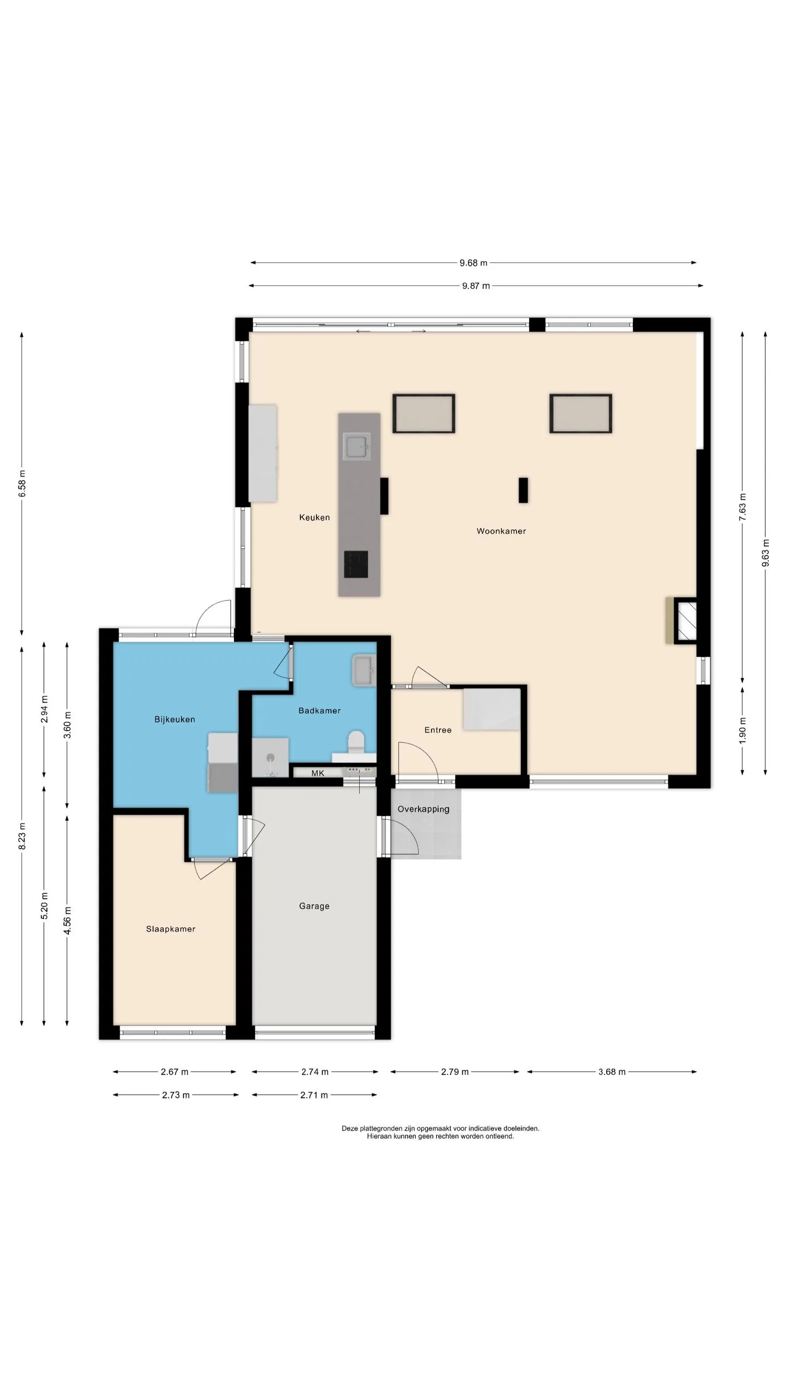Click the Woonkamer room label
[501, 531]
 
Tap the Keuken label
[314, 517]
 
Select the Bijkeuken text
[174, 719]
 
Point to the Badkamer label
[319, 710]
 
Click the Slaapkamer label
[171, 928]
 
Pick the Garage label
[314, 906]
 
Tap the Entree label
[438, 730]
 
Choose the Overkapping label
[424, 809]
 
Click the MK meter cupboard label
[318, 773]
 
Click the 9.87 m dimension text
[475, 285]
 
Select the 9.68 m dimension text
[473, 263]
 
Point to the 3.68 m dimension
[612, 1072]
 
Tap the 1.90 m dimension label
[742, 730]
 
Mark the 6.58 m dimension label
[22, 483]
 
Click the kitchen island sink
[357, 446]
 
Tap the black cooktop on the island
[356, 564]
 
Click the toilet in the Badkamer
[356, 743]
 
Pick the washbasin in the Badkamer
[364, 671]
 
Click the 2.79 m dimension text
[455, 1072]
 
